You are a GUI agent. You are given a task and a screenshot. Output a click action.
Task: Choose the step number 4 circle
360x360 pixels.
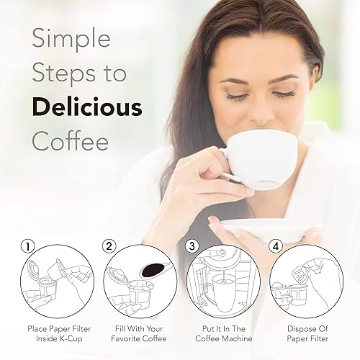274,246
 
